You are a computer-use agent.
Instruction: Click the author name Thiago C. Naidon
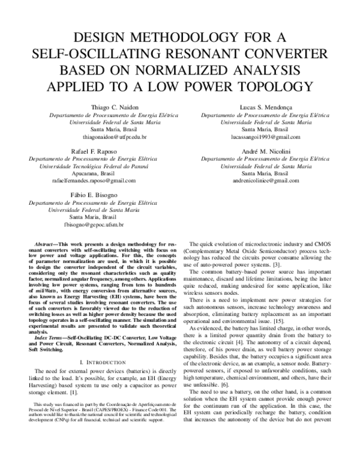[x=94, y=106]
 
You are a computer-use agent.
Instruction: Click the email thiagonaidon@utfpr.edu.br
[x=94, y=138]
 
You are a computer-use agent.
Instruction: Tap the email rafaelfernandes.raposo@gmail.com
[x=94, y=180]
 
